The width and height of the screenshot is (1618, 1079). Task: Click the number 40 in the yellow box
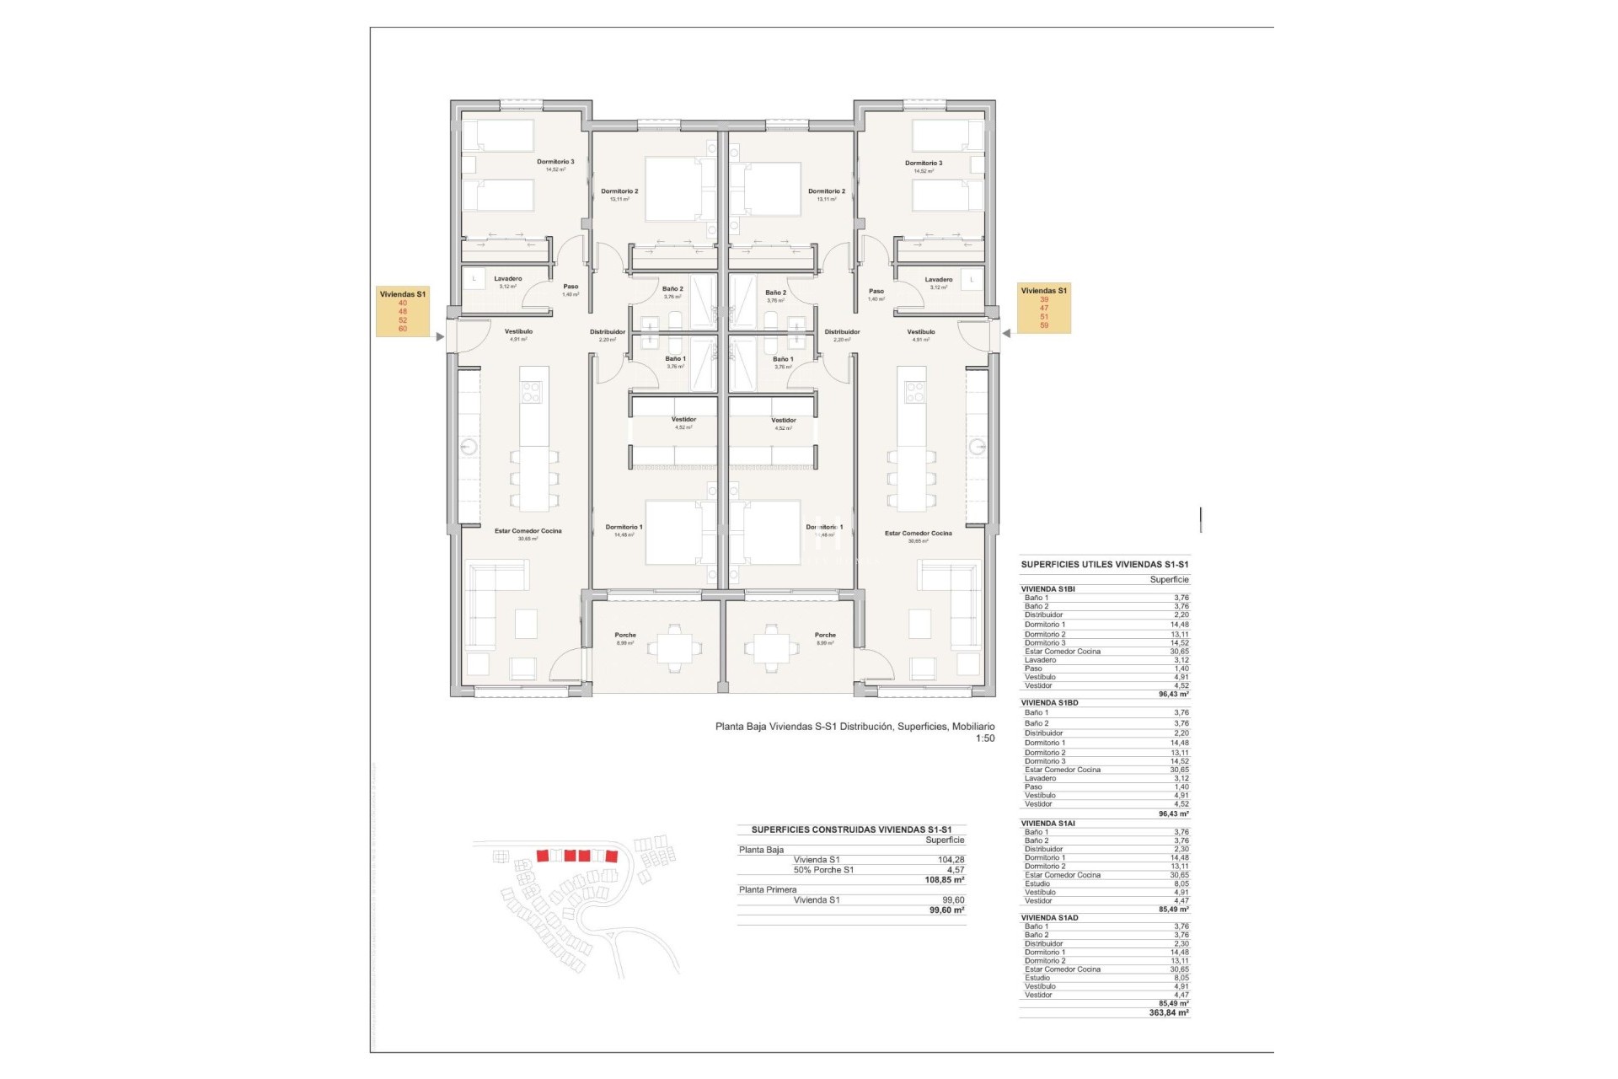click(x=403, y=303)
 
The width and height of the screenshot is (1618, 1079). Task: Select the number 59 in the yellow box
click(x=1044, y=325)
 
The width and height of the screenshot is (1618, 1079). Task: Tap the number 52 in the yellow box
click(x=403, y=320)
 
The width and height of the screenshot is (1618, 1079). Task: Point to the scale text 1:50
click(x=984, y=738)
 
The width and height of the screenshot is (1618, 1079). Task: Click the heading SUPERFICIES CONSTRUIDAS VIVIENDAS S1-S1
click(x=851, y=829)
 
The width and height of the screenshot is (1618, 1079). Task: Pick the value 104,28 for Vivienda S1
click(x=951, y=860)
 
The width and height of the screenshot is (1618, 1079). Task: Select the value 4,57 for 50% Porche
click(x=955, y=870)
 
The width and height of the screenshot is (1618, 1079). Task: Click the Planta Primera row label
click(x=768, y=890)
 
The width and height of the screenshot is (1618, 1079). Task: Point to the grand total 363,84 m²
click(x=1168, y=1013)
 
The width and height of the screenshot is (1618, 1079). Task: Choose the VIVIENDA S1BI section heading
click(x=1047, y=589)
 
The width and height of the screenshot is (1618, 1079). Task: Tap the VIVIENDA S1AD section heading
click(x=1049, y=918)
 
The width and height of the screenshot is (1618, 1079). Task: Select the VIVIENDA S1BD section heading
click(x=1049, y=703)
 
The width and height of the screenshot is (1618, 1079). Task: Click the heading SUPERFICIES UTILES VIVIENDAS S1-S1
click(x=1105, y=565)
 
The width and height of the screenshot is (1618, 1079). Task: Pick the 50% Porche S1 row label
click(x=823, y=870)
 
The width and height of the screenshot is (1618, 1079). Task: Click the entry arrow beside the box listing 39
click(x=1006, y=334)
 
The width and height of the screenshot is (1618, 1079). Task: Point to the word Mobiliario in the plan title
click(x=973, y=727)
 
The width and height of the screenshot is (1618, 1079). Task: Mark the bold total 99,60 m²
click(x=946, y=910)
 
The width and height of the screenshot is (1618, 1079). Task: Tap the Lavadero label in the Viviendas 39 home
click(x=938, y=280)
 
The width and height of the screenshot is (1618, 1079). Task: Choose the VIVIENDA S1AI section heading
click(x=1047, y=824)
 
